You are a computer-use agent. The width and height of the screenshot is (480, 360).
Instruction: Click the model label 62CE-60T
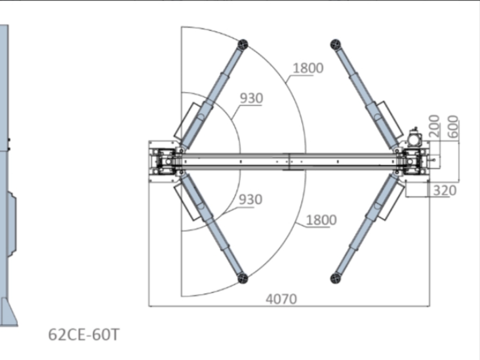[x=84, y=334]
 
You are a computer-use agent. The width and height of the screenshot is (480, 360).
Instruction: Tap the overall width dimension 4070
[x=281, y=299]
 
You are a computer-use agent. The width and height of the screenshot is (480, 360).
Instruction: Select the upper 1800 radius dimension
[x=308, y=68]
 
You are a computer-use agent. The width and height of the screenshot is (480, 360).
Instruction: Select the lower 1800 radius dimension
[x=321, y=220]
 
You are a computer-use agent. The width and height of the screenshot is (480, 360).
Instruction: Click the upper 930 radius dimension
[x=251, y=98]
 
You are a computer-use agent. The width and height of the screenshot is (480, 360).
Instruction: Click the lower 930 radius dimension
[x=251, y=199]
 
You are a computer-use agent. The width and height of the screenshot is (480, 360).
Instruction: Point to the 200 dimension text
[x=434, y=126]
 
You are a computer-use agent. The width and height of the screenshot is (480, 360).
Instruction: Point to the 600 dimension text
[x=453, y=126]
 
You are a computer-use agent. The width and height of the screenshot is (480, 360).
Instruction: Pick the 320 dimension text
[x=445, y=190]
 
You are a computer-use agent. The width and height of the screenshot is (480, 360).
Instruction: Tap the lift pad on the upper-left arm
[x=243, y=44]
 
